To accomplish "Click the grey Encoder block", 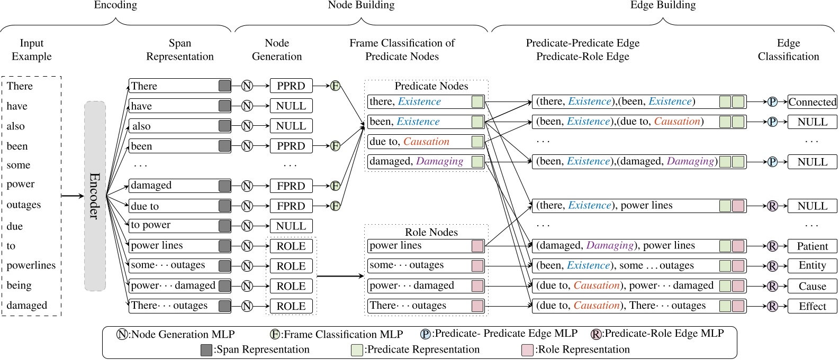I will coord(95,196).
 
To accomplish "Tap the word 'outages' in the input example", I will coord(23,205).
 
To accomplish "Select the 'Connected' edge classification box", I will coord(812,102).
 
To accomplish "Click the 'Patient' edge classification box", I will coord(812,246).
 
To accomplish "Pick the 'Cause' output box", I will coord(812,286).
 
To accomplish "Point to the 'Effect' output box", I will coord(812,306).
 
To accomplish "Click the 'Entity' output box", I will coord(812,266).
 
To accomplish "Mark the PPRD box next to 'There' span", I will coord(291,86).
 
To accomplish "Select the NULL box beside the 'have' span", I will coord(291,106).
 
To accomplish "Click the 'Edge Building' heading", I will coord(663,5).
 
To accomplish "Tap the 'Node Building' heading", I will coord(361,5).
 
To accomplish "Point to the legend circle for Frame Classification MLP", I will coord(275,334).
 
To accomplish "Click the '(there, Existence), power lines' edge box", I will coord(639,206).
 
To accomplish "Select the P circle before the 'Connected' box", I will coord(772,102).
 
